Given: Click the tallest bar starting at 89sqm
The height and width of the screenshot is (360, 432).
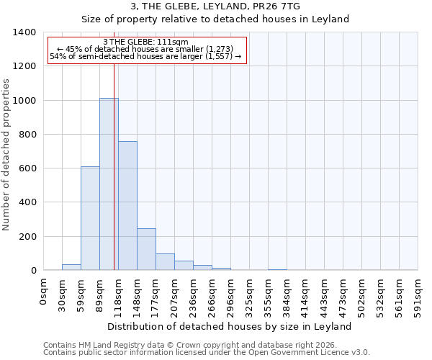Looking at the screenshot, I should pyautogui.click(x=109, y=184).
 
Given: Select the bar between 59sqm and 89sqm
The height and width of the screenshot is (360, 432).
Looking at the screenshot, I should pyautogui.click(x=90, y=218).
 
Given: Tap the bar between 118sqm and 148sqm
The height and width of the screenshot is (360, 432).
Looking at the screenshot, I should pyautogui.click(x=127, y=205).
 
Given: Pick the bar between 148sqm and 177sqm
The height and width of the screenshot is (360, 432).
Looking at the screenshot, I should pyautogui.click(x=146, y=249).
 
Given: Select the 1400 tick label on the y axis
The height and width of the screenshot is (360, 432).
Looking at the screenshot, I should pyautogui.click(x=24, y=32).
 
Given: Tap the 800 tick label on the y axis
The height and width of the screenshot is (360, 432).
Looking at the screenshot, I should pyautogui.click(x=27, y=135).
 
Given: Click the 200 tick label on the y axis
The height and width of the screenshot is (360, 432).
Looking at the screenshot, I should pyautogui.click(x=27, y=237).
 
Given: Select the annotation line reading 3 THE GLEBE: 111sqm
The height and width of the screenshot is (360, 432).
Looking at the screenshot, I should pyautogui.click(x=146, y=42).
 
